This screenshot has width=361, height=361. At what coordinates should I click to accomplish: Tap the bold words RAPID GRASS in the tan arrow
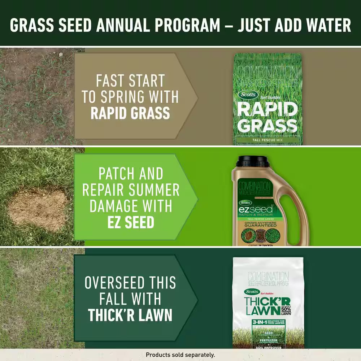(130, 113)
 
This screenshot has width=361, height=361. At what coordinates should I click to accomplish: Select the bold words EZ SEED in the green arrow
(130, 223)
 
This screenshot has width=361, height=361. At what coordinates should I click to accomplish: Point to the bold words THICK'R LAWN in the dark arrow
(130, 315)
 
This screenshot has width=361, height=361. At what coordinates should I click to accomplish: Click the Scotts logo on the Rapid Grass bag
(248, 95)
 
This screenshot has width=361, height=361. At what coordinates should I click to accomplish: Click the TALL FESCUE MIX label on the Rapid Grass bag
(268, 141)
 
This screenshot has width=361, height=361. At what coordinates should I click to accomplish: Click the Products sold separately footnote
(180, 355)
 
